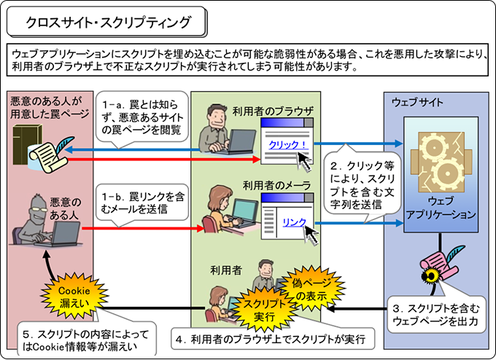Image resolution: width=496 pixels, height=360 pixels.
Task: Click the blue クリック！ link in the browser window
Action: click(287, 144)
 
